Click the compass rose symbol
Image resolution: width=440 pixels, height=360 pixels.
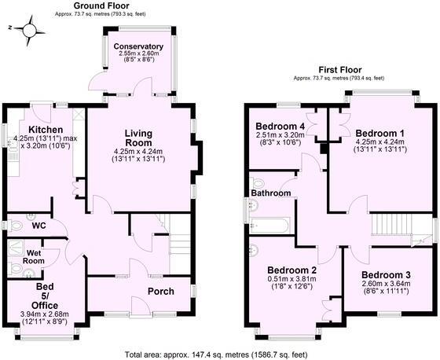point(29,30)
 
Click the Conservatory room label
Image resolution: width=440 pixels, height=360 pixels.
point(137,47)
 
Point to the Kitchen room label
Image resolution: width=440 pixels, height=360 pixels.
point(41,130)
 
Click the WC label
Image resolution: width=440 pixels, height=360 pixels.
point(38,226)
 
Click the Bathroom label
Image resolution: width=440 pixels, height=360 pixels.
point(271,193)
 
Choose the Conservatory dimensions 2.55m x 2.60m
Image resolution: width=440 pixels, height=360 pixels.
point(137,57)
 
